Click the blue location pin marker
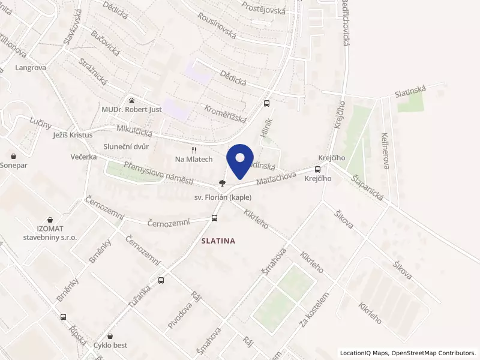tap(240, 160)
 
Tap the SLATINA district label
tap(214, 241)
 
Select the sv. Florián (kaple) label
tap(223, 197)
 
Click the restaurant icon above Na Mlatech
tap(193, 150)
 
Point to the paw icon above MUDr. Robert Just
tap(131, 100)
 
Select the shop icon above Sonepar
tap(13, 155)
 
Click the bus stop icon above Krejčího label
tap(318, 169)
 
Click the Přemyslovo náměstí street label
tap(158, 173)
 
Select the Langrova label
tap(31, 68)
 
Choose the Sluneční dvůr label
tap(126, 146)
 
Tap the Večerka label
tap(83, 157)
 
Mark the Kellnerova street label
tap(385, 149)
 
